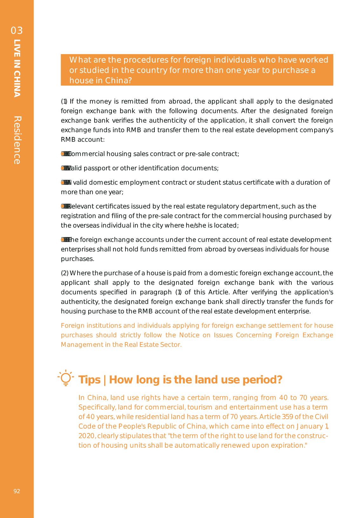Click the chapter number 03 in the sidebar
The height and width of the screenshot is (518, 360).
tap(17, 31)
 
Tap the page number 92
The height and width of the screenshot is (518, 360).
tap(17, 491)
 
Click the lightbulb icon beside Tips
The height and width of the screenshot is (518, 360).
tap(66, 378)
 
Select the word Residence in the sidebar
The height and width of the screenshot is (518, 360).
tap(17, 140)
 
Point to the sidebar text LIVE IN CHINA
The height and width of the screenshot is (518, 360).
tap(17, 68)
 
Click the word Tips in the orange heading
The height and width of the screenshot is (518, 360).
tap(89, 380)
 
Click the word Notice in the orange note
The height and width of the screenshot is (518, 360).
tap(189, 335)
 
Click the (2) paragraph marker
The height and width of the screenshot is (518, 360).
tap(65, 273)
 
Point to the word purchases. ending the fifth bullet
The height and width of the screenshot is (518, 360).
tap(78, 259)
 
